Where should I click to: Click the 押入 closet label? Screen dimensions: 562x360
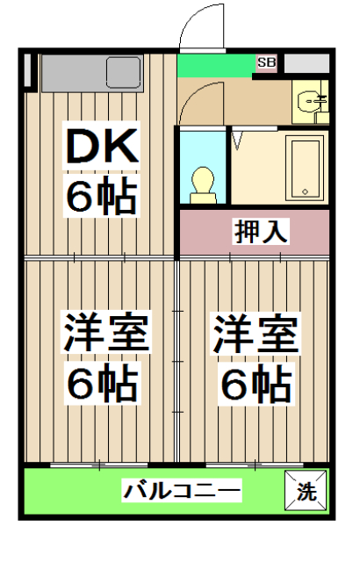(261, 232)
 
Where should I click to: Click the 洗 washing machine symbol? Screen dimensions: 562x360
(306, 492)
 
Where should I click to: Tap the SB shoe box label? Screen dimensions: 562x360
(266, 62)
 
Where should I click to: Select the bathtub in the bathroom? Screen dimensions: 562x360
(306, 168)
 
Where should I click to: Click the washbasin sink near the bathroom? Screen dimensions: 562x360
(310, 101)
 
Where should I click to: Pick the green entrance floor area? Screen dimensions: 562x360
(215, 66)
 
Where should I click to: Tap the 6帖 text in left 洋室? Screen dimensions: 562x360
(102, 382)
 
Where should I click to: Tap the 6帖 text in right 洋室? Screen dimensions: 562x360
(256, 382)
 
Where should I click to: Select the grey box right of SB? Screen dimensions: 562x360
(306, 63)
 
